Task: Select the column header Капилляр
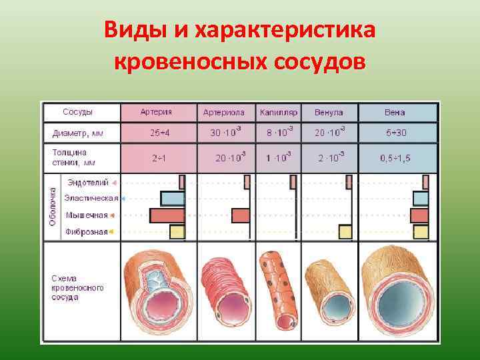click(x=279, y=113)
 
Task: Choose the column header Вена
click(x=395, y=113)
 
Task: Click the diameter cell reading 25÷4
click(x=158, y=133)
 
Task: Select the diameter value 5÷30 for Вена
click(x=396, y=133)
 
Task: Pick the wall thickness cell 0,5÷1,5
click(x=396, y=158)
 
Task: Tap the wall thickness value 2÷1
click(x=159, y=158)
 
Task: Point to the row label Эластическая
click(x=91, y=198)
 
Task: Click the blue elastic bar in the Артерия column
click(x=173, y=198)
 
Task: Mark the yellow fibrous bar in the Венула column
click(x=345, y=232)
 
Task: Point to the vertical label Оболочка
click(x=53, y=206)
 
